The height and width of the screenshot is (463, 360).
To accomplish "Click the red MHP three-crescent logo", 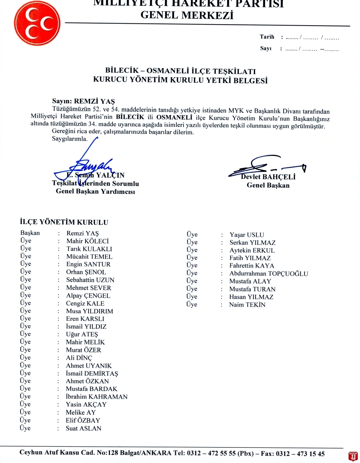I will click(x=37, y=23).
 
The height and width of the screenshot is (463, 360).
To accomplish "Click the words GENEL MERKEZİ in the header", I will click(x=187, y=15).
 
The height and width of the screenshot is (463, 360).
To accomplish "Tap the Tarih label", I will click(x=267, y=37).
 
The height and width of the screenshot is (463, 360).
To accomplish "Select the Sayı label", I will click(x=266, y=48).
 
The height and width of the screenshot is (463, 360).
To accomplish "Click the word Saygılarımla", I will click(x=70, y=139).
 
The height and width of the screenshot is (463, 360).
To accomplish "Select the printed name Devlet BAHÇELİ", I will click(x=268, y=177).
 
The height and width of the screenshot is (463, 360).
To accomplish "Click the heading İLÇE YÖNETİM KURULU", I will click(x=64, y=222).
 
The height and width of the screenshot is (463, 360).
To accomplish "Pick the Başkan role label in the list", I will click(x=30, y=233).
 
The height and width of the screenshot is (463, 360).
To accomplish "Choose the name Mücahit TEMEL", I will click(x=89, y=256).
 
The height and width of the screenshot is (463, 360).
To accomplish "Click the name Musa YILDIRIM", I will click(x=90, y=311).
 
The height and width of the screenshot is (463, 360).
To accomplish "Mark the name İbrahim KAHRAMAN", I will click(x=97, y=397).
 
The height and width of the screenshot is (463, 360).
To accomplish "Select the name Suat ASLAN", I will click(x=83, y=428).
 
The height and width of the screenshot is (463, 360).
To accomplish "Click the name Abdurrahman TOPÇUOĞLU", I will click(x=269, y=273).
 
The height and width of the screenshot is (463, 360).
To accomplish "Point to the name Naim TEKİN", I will click(x=247, y=305).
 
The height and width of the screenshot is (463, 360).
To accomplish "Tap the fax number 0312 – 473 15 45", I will click(x=300, y=454).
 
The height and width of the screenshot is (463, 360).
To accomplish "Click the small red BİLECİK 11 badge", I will click(x=353, y=456).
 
